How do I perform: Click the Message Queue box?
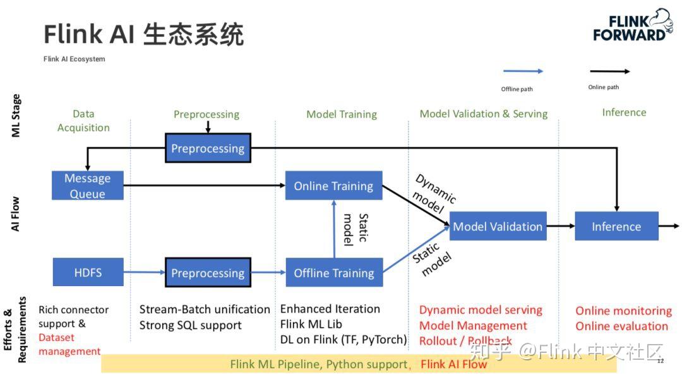coord(87,186)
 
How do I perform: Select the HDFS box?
coord(88,273)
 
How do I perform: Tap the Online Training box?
coord(333,186)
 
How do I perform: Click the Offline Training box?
coord(333,273)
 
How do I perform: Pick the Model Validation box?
coord(498,226)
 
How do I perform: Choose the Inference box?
coord(616,226)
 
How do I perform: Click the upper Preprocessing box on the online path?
coord(208,148)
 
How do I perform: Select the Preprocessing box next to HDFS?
coord(208,273)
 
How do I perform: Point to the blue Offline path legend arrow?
coord(522,71)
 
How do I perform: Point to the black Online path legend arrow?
coord(609,71)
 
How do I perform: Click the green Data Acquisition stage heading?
coord(83,121)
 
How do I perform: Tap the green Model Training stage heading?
coord(341,114)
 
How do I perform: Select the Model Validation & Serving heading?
coord(483,114)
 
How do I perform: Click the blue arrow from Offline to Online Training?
coord(333,229)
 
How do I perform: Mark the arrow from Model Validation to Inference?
coord(560,226)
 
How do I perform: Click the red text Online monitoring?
coord(623,311)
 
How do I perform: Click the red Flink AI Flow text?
coord(453,364)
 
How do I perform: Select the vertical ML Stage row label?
coord(16,116)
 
